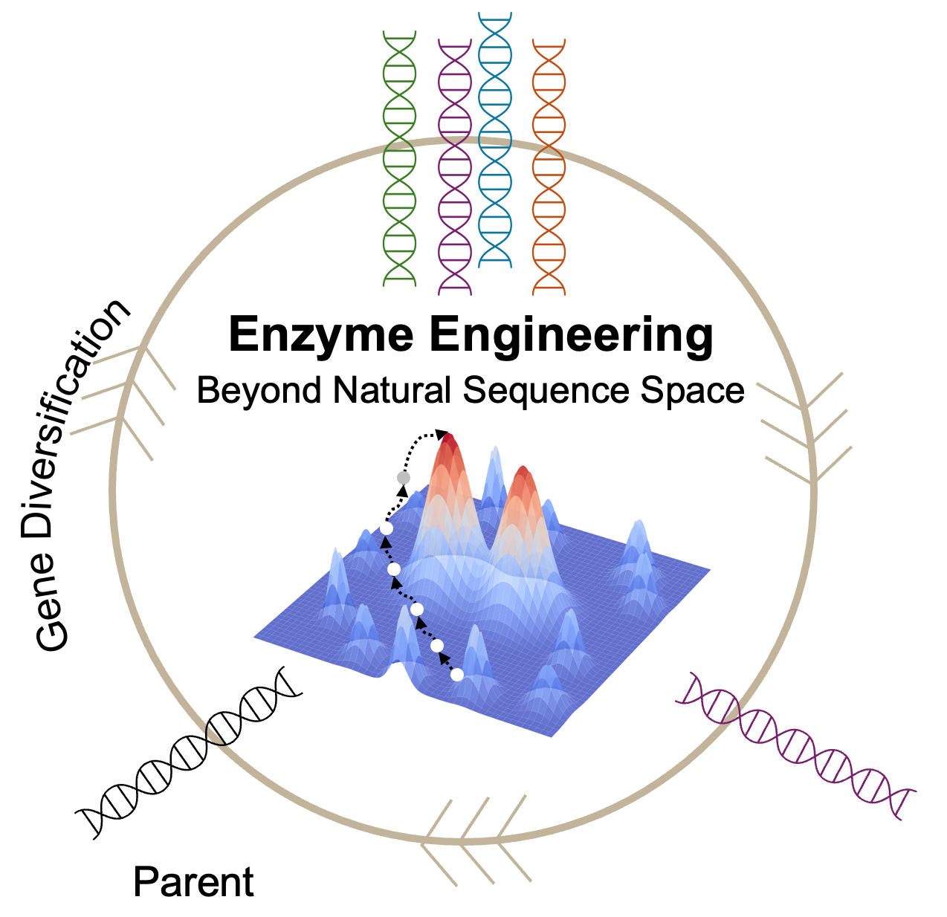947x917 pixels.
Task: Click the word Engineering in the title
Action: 571,337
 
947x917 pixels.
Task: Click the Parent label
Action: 193,883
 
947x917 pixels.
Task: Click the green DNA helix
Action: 399,159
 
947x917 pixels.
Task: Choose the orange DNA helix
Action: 550,166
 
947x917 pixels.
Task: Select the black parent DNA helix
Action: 190,751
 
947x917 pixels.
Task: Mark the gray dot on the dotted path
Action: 404,477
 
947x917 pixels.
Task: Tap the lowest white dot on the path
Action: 457,675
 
